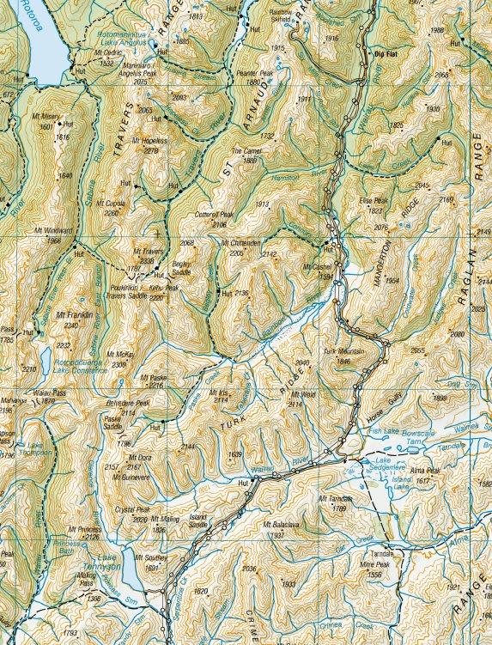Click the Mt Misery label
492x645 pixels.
(x=54, y=116)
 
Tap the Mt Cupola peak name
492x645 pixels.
(x=111, y=204)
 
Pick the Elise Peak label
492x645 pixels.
(x=374, y=200)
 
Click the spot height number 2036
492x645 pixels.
(x=250, y=569)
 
